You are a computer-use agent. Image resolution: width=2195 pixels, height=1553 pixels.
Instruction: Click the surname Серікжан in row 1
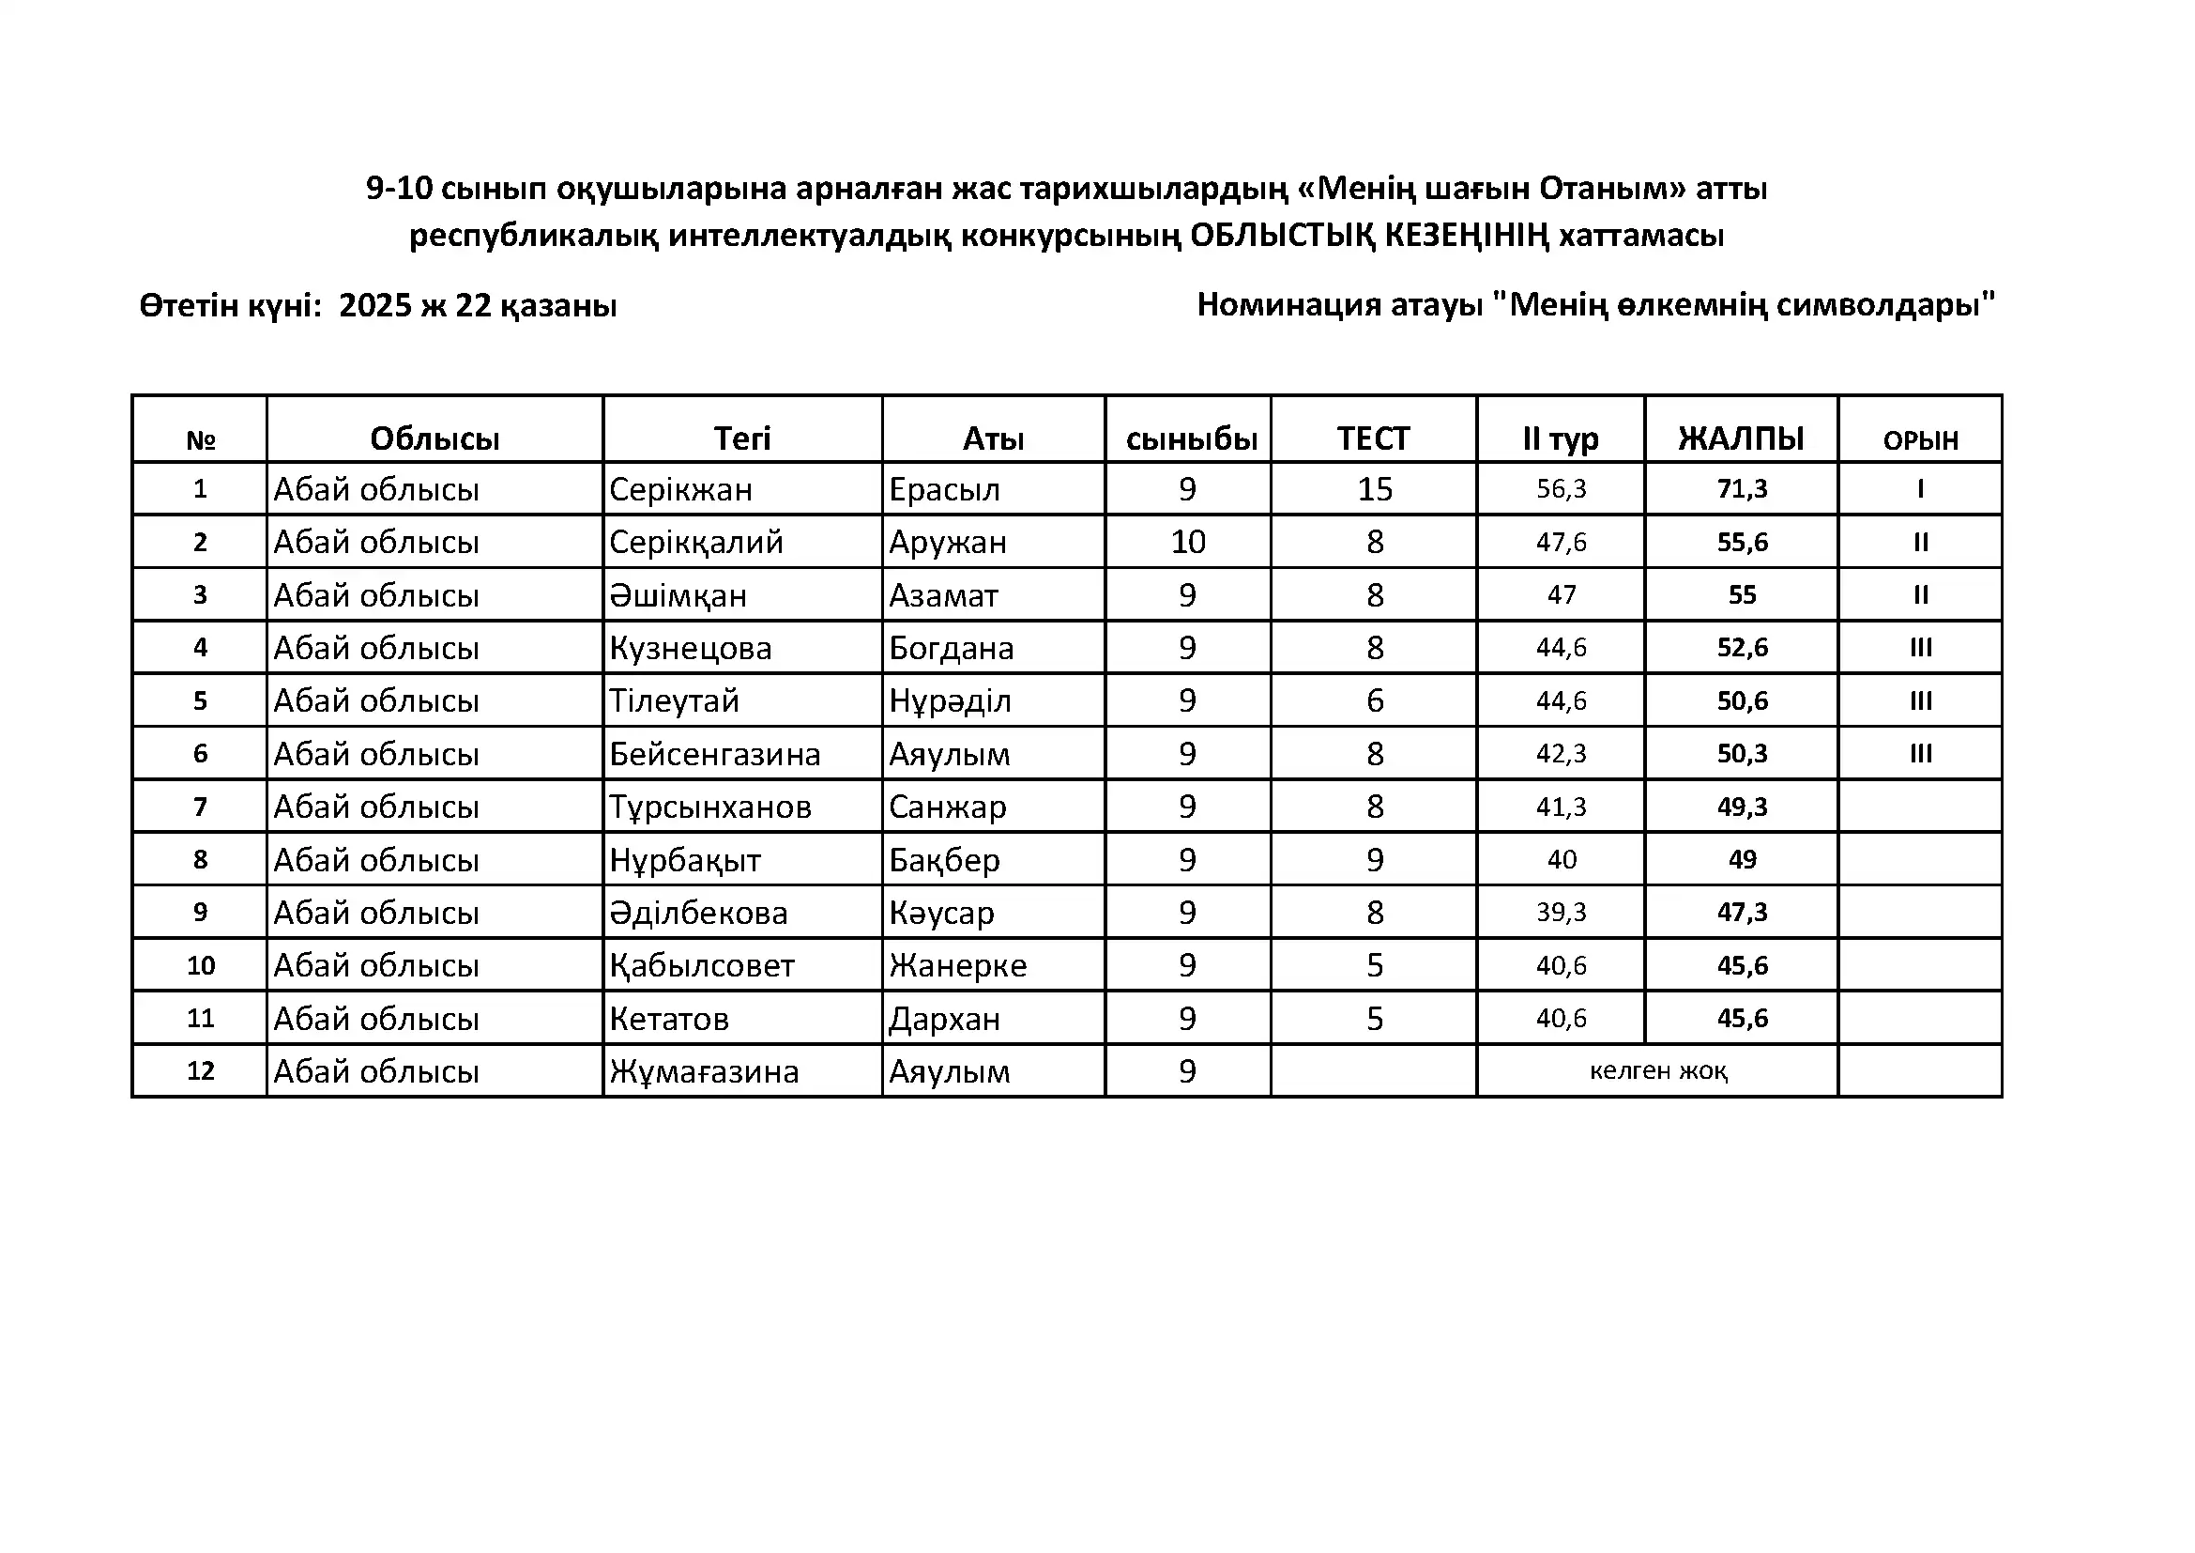click(680, 489)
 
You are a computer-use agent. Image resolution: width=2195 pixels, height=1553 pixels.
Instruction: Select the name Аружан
click(948, 542)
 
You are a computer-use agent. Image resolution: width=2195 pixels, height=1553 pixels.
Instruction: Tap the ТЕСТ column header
click(1373, 438)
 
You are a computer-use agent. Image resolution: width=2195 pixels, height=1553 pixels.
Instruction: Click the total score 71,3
click(1742, 488)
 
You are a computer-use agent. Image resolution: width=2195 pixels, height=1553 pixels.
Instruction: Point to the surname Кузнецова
click(691, 649)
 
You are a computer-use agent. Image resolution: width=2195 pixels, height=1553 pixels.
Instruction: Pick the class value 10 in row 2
click(1188, 542)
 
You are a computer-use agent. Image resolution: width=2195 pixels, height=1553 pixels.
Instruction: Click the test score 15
click(1375, 488)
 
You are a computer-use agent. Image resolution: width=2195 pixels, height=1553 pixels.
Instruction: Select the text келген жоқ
click(1657, 1071)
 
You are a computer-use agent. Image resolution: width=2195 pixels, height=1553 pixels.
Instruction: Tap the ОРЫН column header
click(1921, 439)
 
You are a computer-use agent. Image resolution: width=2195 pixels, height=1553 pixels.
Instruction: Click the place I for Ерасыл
click(1921, 488)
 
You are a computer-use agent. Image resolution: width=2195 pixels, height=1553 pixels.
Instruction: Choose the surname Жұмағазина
click(704, 1071)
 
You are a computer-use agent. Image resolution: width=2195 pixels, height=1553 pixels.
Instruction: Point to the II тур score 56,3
click(1562, 488)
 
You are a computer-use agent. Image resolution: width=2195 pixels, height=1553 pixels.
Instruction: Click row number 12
click(200, 1070)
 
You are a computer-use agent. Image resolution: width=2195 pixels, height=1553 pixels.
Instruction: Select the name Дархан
click(945, 1019)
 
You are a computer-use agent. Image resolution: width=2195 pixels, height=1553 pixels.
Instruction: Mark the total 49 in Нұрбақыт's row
click(1742, 860)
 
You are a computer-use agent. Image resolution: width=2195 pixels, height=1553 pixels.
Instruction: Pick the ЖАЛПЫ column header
click(1741, 438)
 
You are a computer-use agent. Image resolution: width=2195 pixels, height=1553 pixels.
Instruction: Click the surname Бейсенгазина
click(714, 755)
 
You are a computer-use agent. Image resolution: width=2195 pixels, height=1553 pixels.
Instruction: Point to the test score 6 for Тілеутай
click(1375, 701)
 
